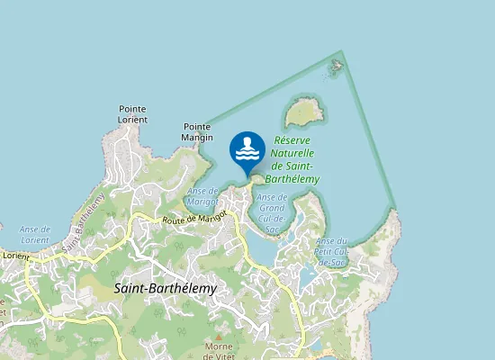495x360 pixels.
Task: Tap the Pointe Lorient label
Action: [x=132, y=114]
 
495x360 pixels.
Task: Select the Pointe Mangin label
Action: [x=197, y=132]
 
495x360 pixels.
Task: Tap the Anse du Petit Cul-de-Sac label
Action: [x=331, y=251]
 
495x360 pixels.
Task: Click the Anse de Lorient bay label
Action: [x=34, y=235]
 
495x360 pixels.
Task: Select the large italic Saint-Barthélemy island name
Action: [x=166, y=288]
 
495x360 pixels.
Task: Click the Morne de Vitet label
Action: [x=219, y=352]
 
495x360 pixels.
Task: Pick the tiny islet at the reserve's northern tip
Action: [x=337, y=65]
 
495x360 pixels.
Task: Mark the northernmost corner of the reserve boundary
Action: [x=342, y=51]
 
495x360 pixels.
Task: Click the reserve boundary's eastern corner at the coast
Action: [x=395, y=210]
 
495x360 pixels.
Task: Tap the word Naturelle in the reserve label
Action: [x=292, y=153]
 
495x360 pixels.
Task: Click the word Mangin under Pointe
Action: [x=197, y=138]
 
